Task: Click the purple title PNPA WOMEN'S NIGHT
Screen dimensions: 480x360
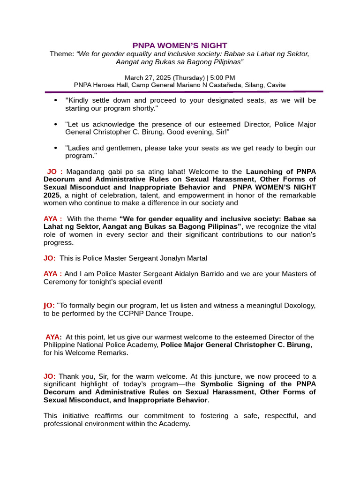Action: click(x=180, y=45)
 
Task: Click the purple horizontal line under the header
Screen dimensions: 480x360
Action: click(x=184, y=92)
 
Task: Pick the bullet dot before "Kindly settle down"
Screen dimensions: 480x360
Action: click(x=56, y=100)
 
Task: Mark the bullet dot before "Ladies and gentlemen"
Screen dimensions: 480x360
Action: click(x=56, y=148)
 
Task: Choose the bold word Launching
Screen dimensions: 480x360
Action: click(x=263, y=172)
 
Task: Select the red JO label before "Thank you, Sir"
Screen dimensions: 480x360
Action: click(x=49, y=376)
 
